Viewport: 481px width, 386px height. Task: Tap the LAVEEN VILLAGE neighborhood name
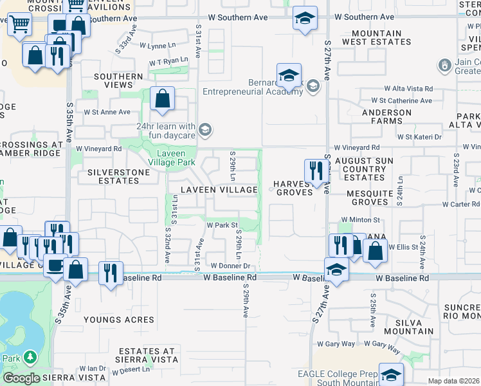219,190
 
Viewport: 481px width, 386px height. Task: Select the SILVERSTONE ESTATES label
113,176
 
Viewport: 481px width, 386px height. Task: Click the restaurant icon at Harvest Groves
314,172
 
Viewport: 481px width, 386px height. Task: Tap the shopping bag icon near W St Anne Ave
163,99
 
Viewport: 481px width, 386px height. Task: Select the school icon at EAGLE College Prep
390,374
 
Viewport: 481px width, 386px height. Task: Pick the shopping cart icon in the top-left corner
20,24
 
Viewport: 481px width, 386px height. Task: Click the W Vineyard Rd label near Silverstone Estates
99,149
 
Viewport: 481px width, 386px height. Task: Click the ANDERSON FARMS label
386,116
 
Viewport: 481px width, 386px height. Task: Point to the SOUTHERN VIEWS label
118,80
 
